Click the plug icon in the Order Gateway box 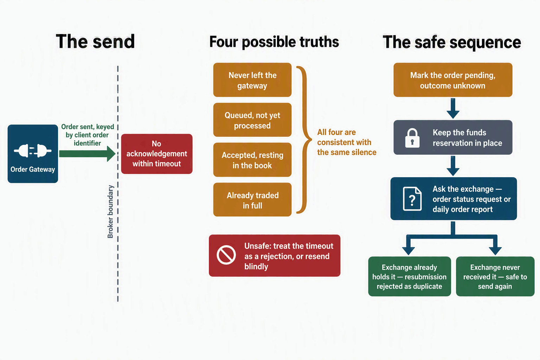(x=33, y=151)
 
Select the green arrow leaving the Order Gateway (x=87, y=154)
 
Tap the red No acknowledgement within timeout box (x=157, y=154)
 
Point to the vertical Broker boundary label (x=110, y=212)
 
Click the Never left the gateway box (x=252, y=80)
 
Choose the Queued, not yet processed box (x=252, y=120)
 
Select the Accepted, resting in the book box (x=252, y=160)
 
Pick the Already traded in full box (x=252, y=200)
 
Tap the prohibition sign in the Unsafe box (x=226, y=255)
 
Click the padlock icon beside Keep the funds (x=412, y=138)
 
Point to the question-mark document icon (x=412, y=199)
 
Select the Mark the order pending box (x=453, y=80)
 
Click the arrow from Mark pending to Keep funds (x=453, y=108)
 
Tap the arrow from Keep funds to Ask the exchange (x=453, y=166)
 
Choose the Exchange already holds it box (x=410, y=276)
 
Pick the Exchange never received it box (x=495, y=276)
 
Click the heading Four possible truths (x=274, y=42)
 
